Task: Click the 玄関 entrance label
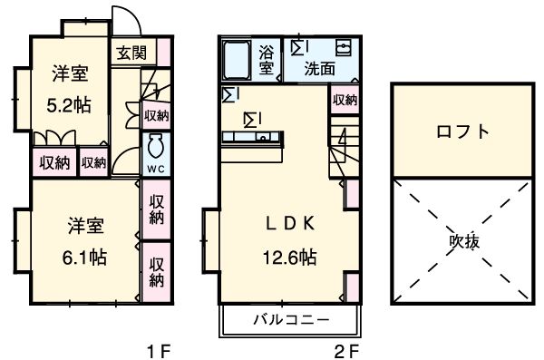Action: pos(129,53)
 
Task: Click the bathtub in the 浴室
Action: pos(238,61)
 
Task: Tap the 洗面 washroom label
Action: pos(319,67)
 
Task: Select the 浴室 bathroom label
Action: pos(267,60)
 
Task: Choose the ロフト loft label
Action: pos(461,131)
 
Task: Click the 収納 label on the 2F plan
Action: pos(344,100)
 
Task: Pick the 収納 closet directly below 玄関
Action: pos(156,114)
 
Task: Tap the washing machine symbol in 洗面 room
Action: pos(344,47)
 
